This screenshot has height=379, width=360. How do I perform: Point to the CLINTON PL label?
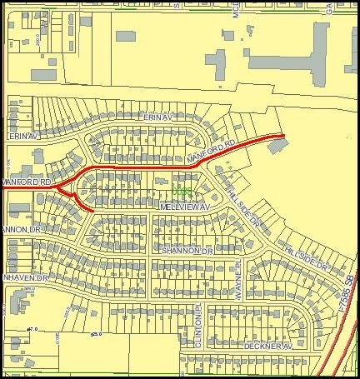[x=199, y=319]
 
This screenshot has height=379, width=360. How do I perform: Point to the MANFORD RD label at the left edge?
[x=27, y=181]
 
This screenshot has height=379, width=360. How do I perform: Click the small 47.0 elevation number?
[x=34, y=330]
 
